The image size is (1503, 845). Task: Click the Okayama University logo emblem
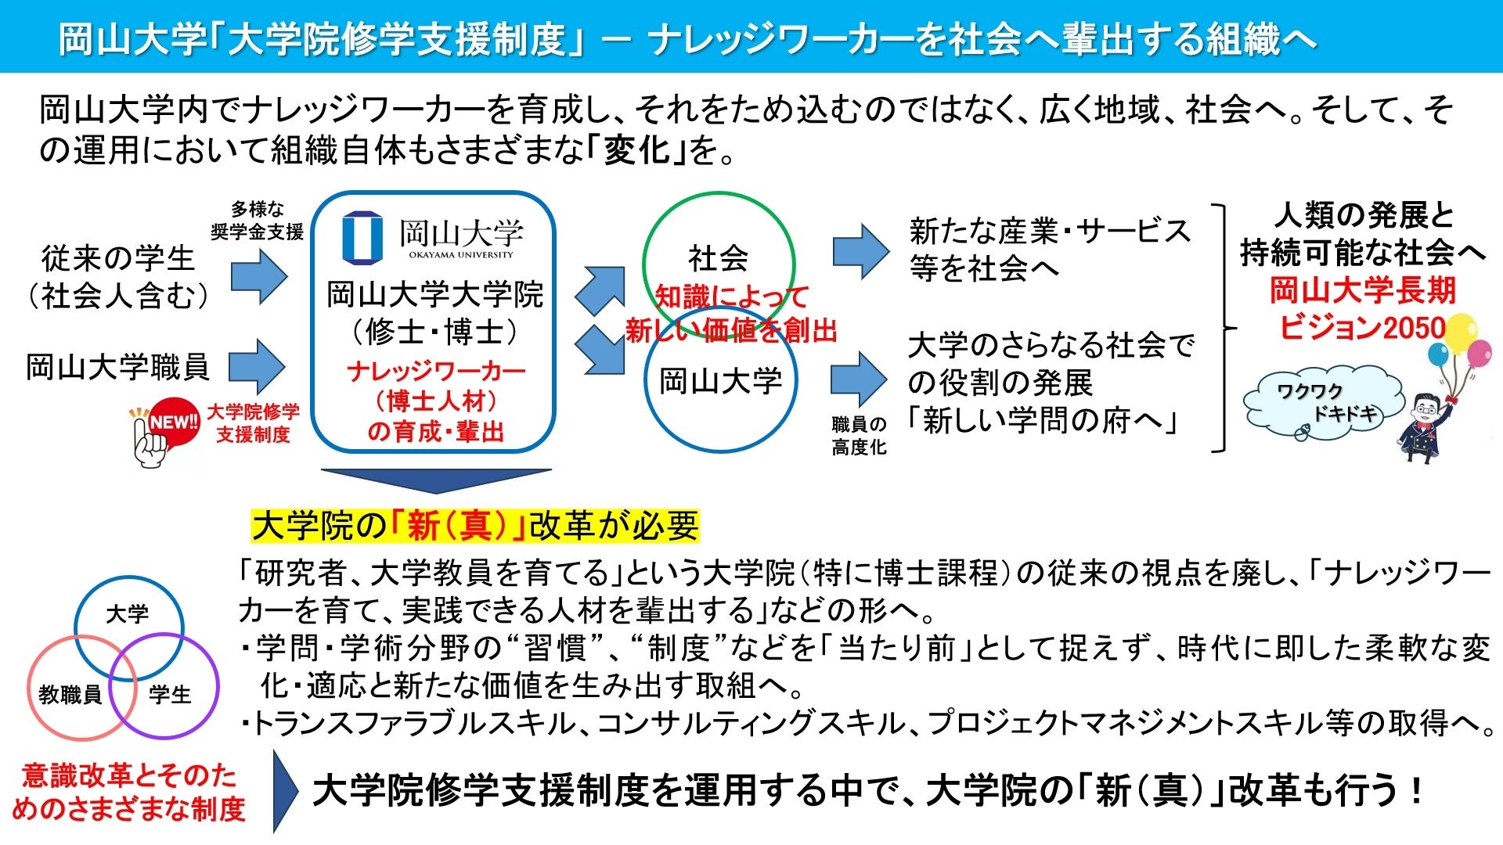click(x=362, y=236)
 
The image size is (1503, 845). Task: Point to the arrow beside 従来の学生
click(x=259, y=275)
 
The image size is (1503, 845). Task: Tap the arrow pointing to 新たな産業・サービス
click(x=860, y=251)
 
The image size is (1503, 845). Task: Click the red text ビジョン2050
click(x=1362, y=327)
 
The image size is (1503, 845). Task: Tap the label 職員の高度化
click(x=859, y=436)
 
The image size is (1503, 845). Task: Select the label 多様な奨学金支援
click(x=257, y=221)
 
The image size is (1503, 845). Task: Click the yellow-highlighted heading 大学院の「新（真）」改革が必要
click(x=475, y=526)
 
